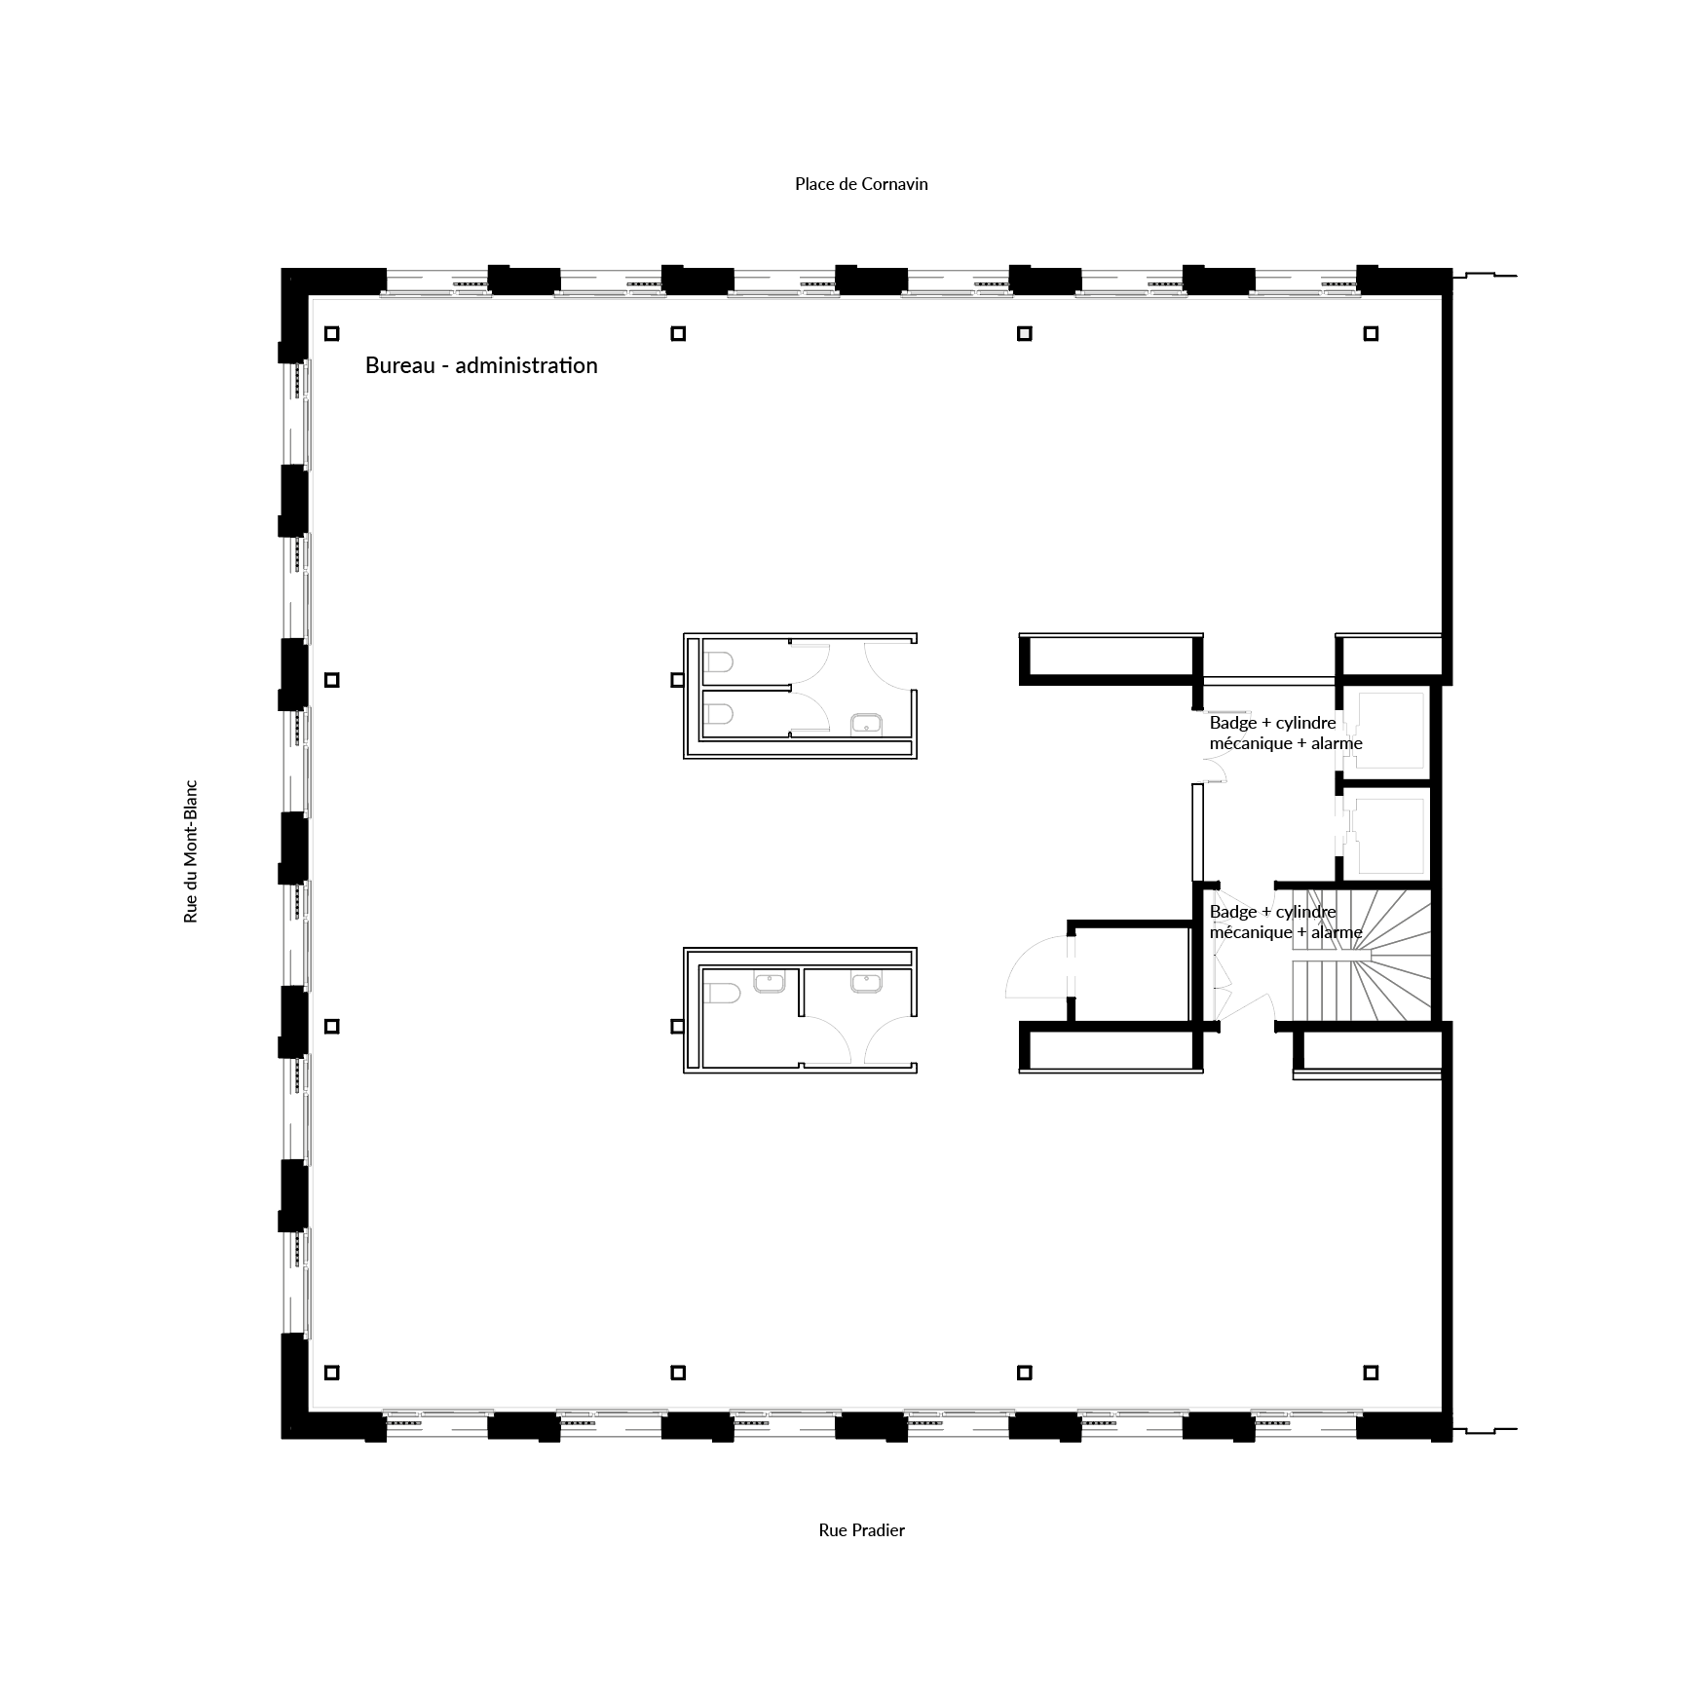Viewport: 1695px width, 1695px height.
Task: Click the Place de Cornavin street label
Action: (x=861, y=184)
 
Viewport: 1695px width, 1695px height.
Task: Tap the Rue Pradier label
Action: (x=861, y=1530)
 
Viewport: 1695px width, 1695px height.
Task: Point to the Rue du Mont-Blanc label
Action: (x=191, y=850)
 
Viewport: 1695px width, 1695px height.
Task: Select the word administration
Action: (x=526, y=365)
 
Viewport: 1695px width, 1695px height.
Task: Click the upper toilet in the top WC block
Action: (x=718, y=663)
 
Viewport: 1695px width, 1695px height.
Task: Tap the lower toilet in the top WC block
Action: (x=718, y=716)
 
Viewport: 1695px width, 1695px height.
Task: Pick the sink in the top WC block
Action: (x=867, y=724)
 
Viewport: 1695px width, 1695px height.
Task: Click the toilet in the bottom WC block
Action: (x=722, y=994)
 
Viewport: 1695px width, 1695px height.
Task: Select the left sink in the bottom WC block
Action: (x=770, y=983)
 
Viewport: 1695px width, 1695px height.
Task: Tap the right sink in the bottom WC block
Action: (x=867, y=983)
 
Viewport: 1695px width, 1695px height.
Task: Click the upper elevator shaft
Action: (x=1390, y=729)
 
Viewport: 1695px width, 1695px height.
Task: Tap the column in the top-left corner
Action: (x=332, y=333)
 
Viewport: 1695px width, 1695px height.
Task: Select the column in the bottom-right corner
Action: (x=1371, y=1373)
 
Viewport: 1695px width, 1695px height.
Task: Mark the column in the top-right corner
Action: (x=1371, y=333)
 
